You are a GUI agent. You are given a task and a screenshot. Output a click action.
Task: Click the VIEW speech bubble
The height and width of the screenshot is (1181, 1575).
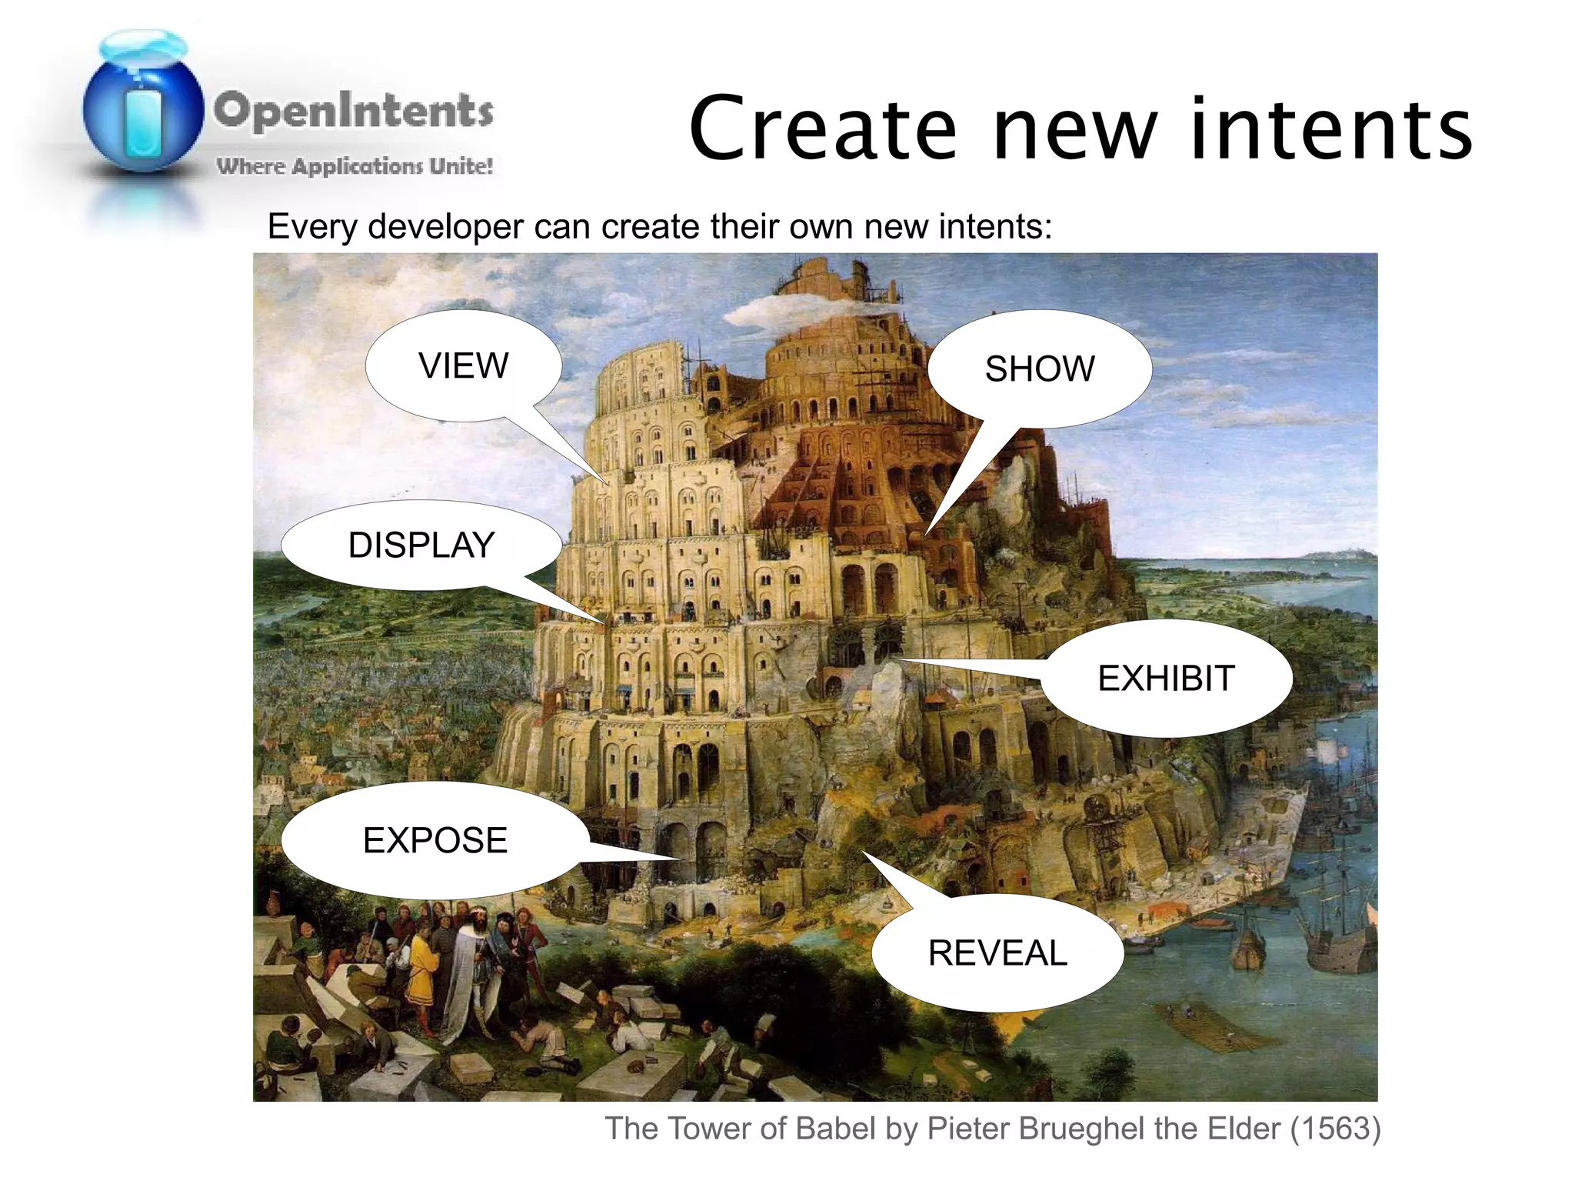coord(463,365)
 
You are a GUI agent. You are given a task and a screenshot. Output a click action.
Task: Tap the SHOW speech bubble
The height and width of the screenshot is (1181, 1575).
coord(1039,369)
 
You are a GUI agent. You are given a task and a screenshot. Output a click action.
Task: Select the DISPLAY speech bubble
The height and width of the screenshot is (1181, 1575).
coord(421,545)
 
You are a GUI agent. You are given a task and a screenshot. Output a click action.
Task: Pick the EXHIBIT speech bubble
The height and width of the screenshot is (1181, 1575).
coord(1165,678)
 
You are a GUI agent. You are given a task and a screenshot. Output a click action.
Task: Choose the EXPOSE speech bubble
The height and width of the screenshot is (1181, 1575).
coord(435,839)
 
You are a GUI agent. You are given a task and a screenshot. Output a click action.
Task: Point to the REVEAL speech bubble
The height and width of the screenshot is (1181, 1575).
coord(997,952)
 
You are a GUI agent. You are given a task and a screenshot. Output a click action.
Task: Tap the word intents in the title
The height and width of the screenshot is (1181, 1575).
coord(1330,128)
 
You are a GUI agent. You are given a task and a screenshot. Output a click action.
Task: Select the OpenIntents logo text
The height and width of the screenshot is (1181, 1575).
coord(353,110)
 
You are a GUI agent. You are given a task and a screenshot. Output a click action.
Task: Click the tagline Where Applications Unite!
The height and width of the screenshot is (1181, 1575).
coord(355,165)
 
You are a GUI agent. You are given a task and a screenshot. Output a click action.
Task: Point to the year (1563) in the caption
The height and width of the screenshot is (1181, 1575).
coord(1335,1128)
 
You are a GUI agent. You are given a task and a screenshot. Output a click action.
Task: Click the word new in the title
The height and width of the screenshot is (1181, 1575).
coord(1075,128)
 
